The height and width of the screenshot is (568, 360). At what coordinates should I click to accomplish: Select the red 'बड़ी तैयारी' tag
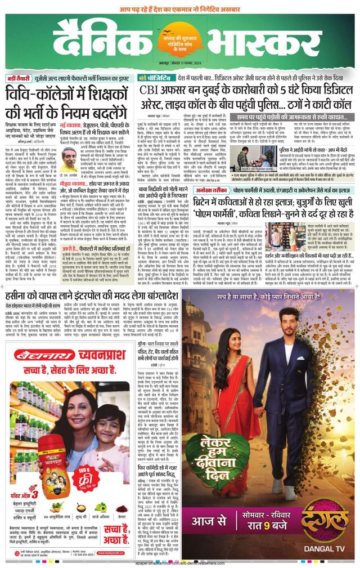coord(22,78)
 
